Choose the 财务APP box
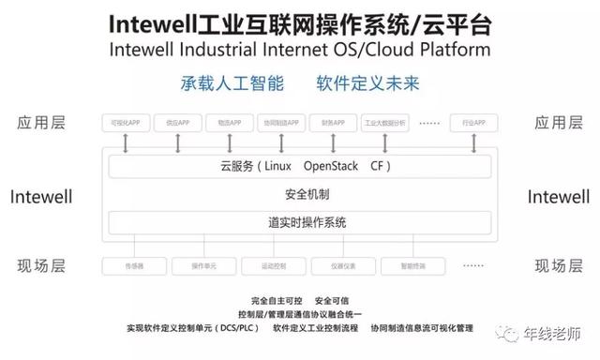333,122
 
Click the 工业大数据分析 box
384,122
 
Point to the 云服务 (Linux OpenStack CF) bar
300,167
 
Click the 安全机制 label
300,195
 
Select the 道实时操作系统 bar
300,222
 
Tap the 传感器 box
134,266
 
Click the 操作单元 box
204,266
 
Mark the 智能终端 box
412,266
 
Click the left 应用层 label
41,122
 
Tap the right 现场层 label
558,266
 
